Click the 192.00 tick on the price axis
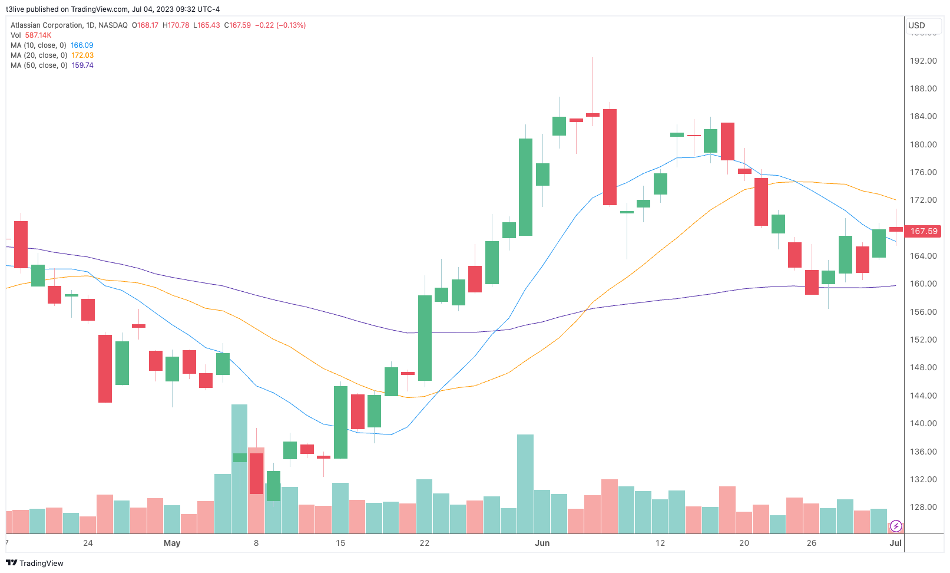tap(923, 61)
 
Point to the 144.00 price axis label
tap(923, 396)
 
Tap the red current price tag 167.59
tap(923, 231)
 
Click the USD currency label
tap(916, 25)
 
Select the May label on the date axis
tap(172, 543)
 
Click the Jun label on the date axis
tap(542, 543)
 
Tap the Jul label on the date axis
tap(895, 543)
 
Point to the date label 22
tap(425, 543)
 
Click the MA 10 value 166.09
tap(82, 45)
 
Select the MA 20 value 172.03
tap(82, 55)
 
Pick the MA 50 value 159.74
tap(82, 65)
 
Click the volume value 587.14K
tap(38, 35)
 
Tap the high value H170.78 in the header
tap(176, 25)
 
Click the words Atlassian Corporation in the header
tap(47, 25)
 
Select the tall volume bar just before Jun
tap(525, 483)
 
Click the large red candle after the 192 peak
tap(610, 157)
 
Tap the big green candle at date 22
tap(425, 338)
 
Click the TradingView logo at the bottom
tap(35, 563)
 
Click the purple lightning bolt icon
tap(896, 526)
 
